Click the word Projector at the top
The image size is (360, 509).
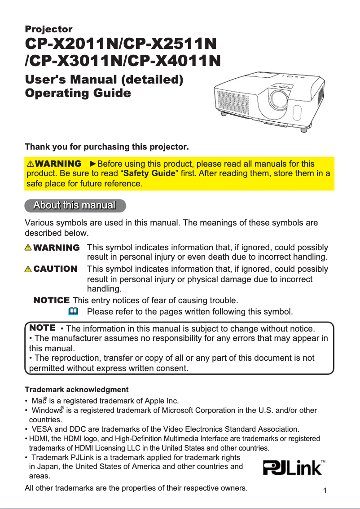tap(48, 29)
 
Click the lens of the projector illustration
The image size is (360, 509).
tap(279, 98)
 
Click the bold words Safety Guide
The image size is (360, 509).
tap(149, 173)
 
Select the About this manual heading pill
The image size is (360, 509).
tap(75, 205)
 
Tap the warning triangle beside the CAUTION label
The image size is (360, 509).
tap(28, 269)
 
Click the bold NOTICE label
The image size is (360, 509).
tap(52, 300)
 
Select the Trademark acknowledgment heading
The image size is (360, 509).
tap(76, 389)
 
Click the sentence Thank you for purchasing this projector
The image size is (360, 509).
tap(107, 147)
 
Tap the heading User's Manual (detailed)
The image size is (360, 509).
tap(104, 80)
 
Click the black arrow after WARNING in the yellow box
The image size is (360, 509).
tap(93, 164)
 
